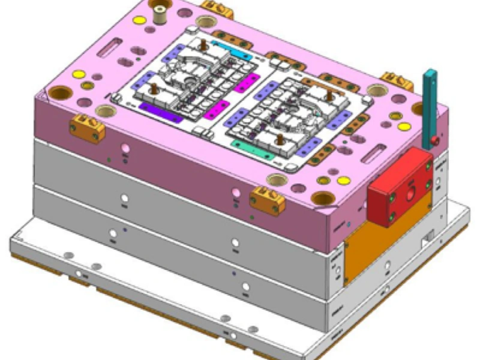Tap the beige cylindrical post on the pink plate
(x=161, y=13)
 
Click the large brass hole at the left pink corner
(x=59, y=93)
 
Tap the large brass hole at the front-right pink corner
(x=324, y=198)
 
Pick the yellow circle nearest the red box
(x=343, y=180)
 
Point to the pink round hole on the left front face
(x=125, y=148)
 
